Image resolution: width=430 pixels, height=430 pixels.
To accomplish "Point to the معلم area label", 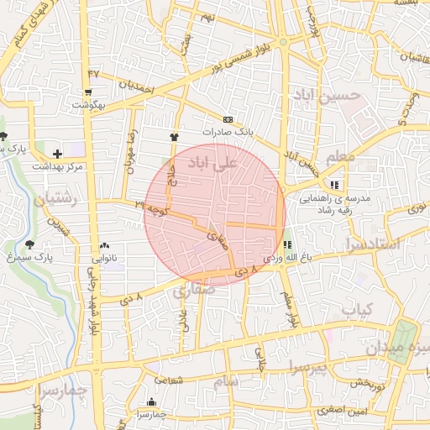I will pyautogui.click(x=338, y=156).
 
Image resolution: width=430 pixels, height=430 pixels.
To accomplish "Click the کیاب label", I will pyautogui.click(x=356, y=309).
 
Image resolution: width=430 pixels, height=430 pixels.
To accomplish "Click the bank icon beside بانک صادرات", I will pyautogui.click(x=228, y=120).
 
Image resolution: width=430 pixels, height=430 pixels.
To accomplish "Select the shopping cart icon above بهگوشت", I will pyautogui.click(x=88, y=92).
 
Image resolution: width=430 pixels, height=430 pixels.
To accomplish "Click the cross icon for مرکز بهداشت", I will pyautogui.click(x=57, y=154).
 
